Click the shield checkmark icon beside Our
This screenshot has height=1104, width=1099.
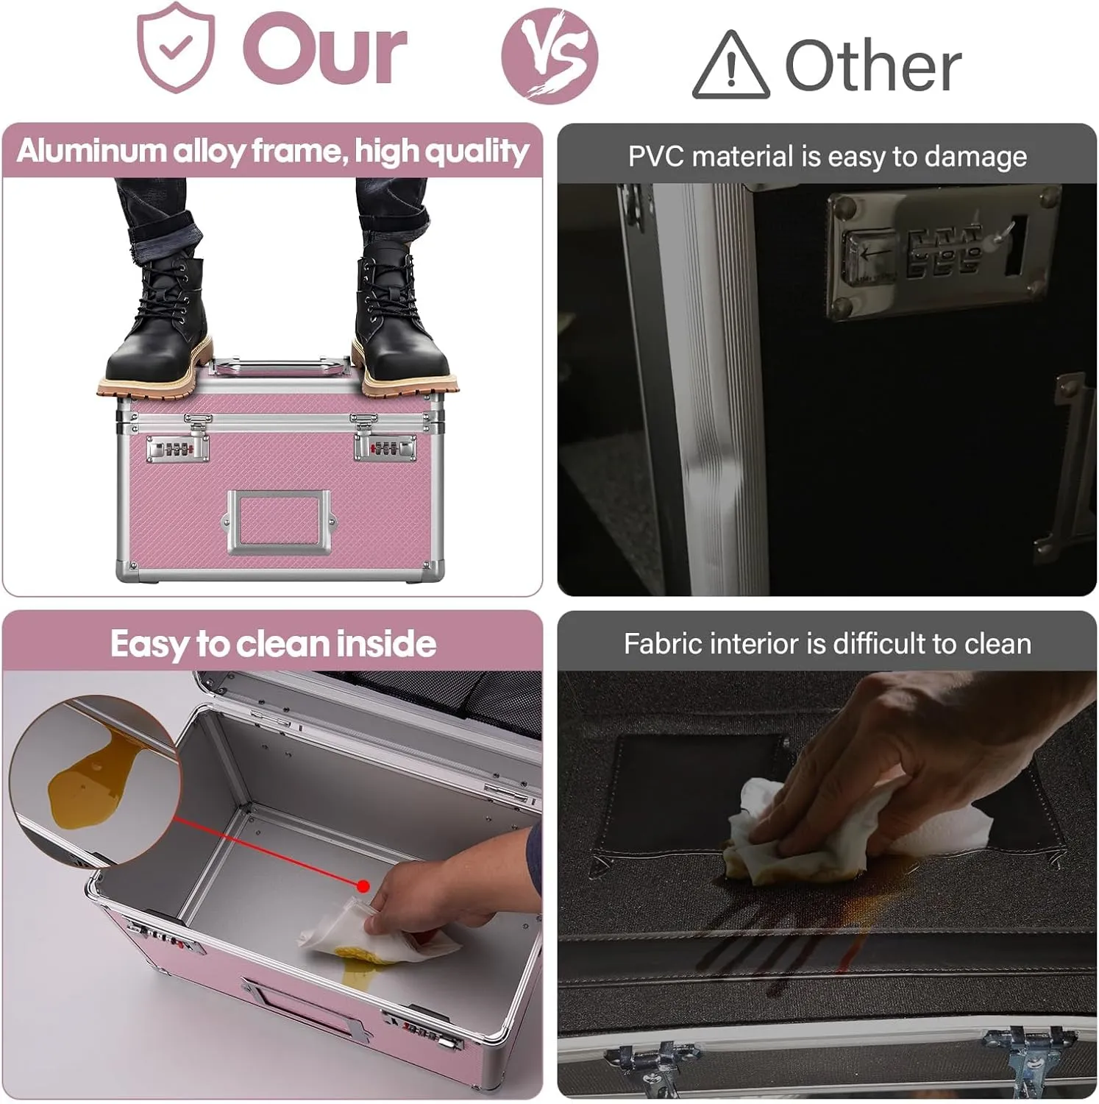point(176,49)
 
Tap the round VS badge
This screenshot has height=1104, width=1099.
point(549,55)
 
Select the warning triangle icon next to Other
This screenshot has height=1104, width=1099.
point(731,66)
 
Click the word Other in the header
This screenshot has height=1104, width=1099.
point(873,66)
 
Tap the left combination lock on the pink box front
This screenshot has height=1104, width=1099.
point(177,448)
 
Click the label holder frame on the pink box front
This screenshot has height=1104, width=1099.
point(278,522)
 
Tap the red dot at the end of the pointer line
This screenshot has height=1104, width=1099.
point(363,885)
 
